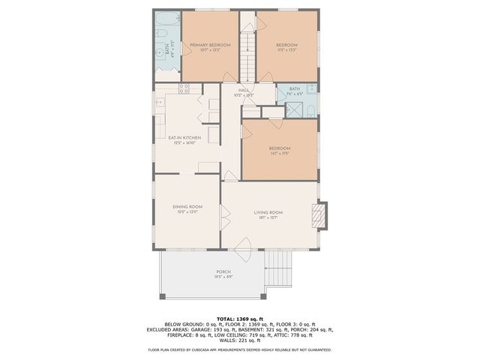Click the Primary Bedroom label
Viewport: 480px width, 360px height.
(209, 46)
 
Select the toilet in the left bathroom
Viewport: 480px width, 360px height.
(161, 52)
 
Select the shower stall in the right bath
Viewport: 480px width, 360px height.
(307, 109)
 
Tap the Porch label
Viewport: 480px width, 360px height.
(223, 271)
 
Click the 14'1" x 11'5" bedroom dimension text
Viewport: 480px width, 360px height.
(280, 154)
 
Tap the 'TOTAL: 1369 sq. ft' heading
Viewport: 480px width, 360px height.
(240, 319)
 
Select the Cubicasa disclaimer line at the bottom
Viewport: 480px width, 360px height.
(240, 349)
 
